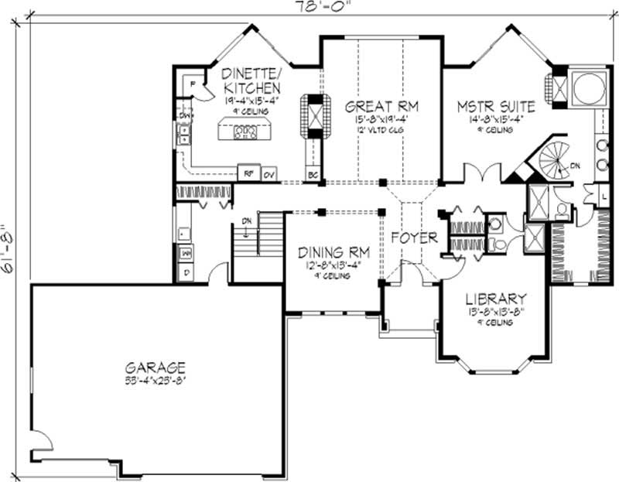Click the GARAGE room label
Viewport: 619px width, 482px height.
(x=157, y=367)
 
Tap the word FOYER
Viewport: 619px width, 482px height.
(x=414, y=237)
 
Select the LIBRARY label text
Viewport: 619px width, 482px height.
(x=496, y=299)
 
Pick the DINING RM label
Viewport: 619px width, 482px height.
(x=334, y=252)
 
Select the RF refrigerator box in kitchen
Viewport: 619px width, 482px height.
(x=248, y=173)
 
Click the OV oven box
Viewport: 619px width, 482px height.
(x=268, y=173)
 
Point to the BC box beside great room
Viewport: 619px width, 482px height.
(x=313, y=174)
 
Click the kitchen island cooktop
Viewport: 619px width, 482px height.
(x=245, y=133)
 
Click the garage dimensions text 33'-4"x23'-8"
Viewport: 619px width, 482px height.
(x=157, y=381)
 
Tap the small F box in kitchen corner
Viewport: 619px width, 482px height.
(x=191, y=81)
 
